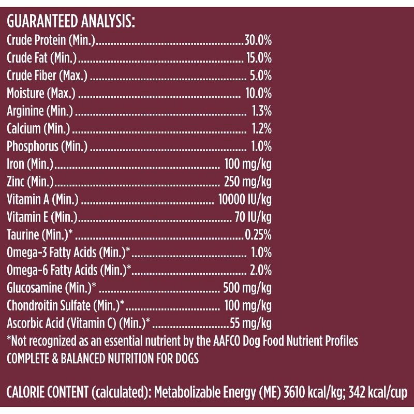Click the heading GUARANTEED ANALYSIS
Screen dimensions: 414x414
click(x=70, y=22)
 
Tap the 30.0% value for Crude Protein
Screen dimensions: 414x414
click(x=258, y=40)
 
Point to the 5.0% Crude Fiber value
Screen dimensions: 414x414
click(x=260, y=76)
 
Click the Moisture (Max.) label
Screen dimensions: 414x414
click(x=41, y=94)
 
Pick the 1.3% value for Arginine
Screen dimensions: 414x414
click(x=261, y=111)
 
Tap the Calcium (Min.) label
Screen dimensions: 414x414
click(x=38, y=129)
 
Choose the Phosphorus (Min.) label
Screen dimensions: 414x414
click(x=47, y=146)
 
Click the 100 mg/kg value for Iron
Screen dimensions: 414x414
click(x=248, y=165)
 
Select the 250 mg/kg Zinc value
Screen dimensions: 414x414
click(x=247, y=182)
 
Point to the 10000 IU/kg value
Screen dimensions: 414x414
click(x=245, y=200)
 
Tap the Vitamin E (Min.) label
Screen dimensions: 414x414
click(x=42, y=217)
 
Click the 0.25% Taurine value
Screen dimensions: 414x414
click(x=258, y=235)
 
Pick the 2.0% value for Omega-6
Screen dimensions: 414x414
click(x=260, y=271)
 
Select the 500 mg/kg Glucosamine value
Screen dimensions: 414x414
click(x=247, y=288)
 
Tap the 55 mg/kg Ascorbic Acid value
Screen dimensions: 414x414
click(x=250, y=324)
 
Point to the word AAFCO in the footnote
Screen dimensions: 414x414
click(x=225, y=341)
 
